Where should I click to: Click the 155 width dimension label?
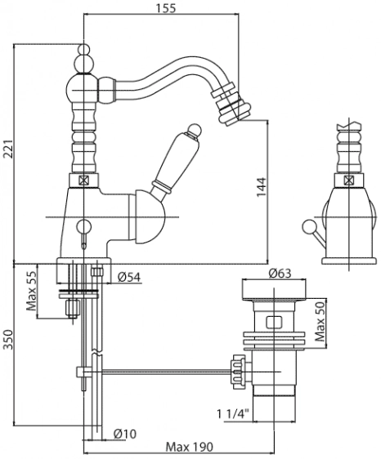coord(166,8)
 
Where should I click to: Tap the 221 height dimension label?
coord(8,149)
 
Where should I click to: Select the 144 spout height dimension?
coord(262,187)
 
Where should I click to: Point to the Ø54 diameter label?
coord(129,277)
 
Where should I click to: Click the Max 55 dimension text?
coord(31,291)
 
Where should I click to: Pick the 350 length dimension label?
coord(8,340)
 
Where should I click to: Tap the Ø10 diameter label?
coord(125,434)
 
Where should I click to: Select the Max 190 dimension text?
coord(190,447)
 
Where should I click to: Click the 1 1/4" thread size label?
coord(233,414)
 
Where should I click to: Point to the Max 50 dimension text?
coord(320,322)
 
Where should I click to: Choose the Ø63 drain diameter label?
coord(280,274)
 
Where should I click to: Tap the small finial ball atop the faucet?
coord(84,49)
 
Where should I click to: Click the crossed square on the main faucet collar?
coord(83,180)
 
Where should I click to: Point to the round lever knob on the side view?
coord(308,226)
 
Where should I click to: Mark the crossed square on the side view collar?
coord(349,180)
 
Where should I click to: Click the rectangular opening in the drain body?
coord(274,322)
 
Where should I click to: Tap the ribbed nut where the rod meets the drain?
coord(239,372)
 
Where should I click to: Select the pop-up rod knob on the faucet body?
coord(83,226)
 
